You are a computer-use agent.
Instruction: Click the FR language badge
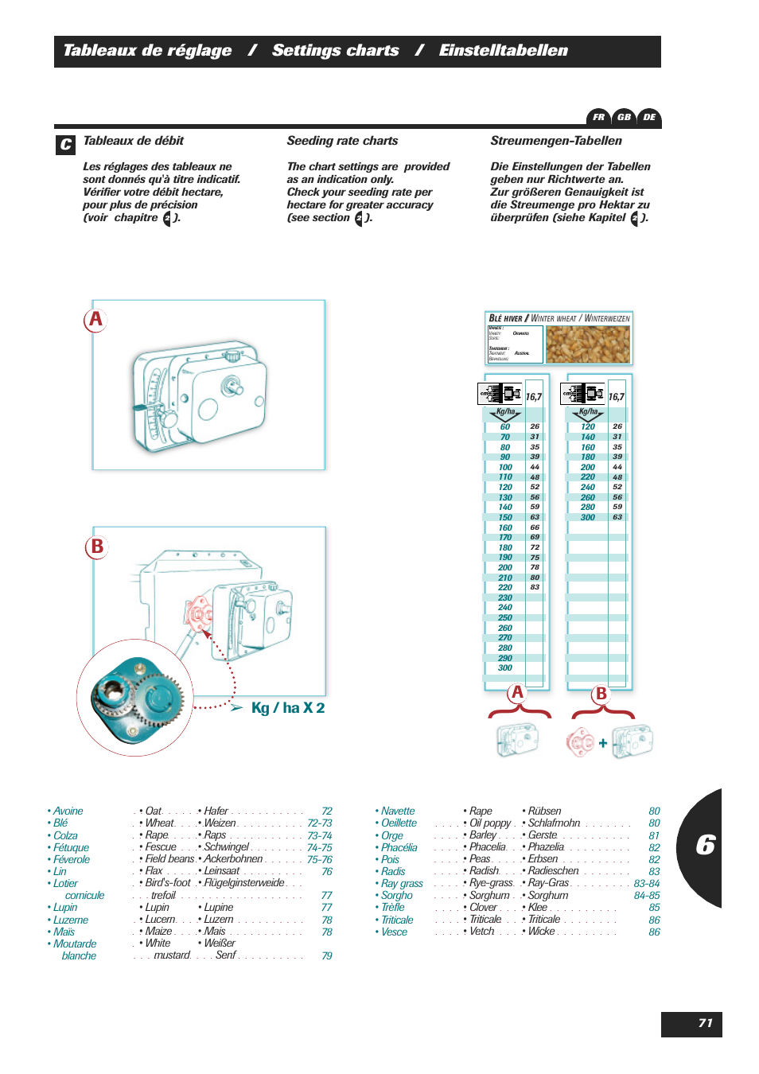coord(598,117)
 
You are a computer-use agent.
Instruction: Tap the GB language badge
coord(624,117)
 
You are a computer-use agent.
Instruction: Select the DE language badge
coord(649,117)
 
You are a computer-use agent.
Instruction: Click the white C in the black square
coord(66,145)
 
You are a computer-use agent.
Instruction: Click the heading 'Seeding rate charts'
coord(342,141)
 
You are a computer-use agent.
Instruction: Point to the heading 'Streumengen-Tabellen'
coord(555,141)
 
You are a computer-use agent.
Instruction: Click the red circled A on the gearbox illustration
coord(95,320)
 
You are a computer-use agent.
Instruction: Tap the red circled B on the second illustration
coord(96,547)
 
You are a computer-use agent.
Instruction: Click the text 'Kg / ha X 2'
coord(287,708)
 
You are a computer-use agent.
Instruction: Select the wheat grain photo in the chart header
coord(587,344)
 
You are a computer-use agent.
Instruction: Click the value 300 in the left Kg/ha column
coord(505,668)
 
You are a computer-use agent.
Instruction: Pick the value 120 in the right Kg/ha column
coord(588,427)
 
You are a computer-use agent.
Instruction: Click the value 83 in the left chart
coord(535,587)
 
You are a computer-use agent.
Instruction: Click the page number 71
coord(705,1023)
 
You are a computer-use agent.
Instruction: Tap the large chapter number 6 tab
coord(705,845)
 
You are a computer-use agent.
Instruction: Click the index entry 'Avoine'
coord(68,811)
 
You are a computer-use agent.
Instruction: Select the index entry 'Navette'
coord(398,811)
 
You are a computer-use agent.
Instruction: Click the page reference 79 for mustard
coord(327,955)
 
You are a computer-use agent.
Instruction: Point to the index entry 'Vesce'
coord(394,932)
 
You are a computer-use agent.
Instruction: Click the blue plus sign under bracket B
coord(603,743)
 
